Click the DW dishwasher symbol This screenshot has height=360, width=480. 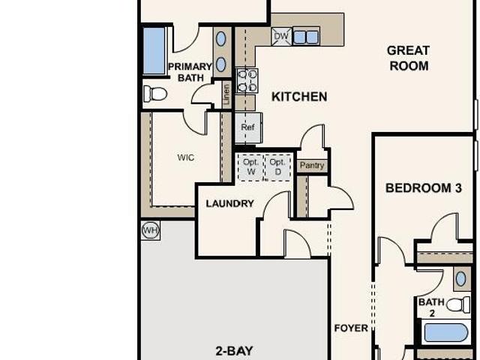tap(281, 37)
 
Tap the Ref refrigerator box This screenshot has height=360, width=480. tap(248, 127)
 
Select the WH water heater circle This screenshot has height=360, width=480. tap(151, 230)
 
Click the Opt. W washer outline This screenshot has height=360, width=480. tap(250, 167)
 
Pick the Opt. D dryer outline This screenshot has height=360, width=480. tap(277, 167)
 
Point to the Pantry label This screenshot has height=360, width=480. tap(312, 165)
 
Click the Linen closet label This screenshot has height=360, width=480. tap(226, 95)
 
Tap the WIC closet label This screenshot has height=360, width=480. tap(185, 157)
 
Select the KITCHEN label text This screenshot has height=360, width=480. tap(299, 97)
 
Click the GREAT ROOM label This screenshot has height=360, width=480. tap(409, 58)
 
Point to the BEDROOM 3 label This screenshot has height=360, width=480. tap(424, 188)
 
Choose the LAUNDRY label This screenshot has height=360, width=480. tap(230, 203)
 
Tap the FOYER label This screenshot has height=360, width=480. tap(351, 328)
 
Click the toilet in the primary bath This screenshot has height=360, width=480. tap(155, 94)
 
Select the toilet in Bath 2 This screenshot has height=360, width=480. tap(458, 304)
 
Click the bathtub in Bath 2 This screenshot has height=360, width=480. tap(446, 333)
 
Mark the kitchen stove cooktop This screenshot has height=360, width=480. tap(247, 81)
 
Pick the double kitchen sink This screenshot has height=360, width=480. tap(306, 37)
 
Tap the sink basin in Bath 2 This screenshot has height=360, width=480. tap(460, 279)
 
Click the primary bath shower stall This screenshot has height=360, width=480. tap(154, 51)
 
